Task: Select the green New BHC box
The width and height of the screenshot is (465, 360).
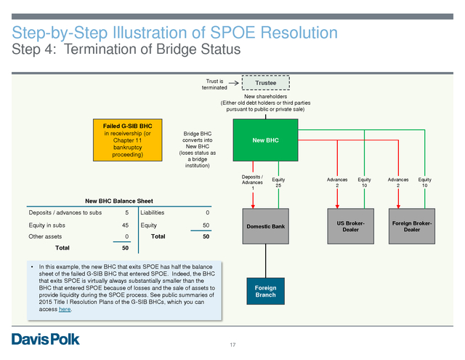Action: pyautogui.click(x=265, y=140)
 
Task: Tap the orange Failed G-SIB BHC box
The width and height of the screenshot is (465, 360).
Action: pyautogui.click(x=128, y=140)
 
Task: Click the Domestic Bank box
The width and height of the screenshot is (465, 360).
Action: pyautogui.click(x=265, y=226)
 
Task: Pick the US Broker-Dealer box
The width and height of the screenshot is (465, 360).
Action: pyautogui.click(x=350, y=226)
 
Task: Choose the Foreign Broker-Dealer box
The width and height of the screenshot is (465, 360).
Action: pyautogui.click(x=412, y=226)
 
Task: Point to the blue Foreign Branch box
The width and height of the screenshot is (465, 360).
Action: pyautogui.click(x=265, y=291)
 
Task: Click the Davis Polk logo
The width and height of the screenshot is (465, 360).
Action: pyautogui.click(x=46, y=339)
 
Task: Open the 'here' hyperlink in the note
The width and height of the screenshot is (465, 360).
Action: pyautogui.click(x=65, y=309)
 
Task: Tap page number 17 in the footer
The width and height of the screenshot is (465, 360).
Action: pyautogui.click(x=232, y=345)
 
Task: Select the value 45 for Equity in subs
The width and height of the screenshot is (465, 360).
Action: pyautogui.click(x=125, y=225)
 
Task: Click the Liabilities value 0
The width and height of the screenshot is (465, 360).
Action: pyautogui.click(x=208, y=212)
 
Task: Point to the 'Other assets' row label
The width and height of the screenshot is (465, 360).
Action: pyautogui.click(x=45, y=236)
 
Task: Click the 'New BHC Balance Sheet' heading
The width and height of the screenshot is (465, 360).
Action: pyautogui.click(x=119, y=201)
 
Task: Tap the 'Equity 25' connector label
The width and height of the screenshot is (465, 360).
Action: pyautogui.click(x=278, y=183)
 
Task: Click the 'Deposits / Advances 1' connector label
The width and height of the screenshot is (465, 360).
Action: pyautogui.click(x=252, y=183)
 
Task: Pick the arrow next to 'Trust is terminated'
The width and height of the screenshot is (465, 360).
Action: pyautogui.click(x=234, y=83)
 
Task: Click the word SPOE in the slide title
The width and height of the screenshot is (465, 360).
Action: pyautogui.click(x=232, y=32)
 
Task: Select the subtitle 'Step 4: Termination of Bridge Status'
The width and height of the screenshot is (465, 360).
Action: pyautogui.click(x=126, y=49)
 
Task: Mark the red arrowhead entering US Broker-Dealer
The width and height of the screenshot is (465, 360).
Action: pyautogui.click(x=337, y=207)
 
